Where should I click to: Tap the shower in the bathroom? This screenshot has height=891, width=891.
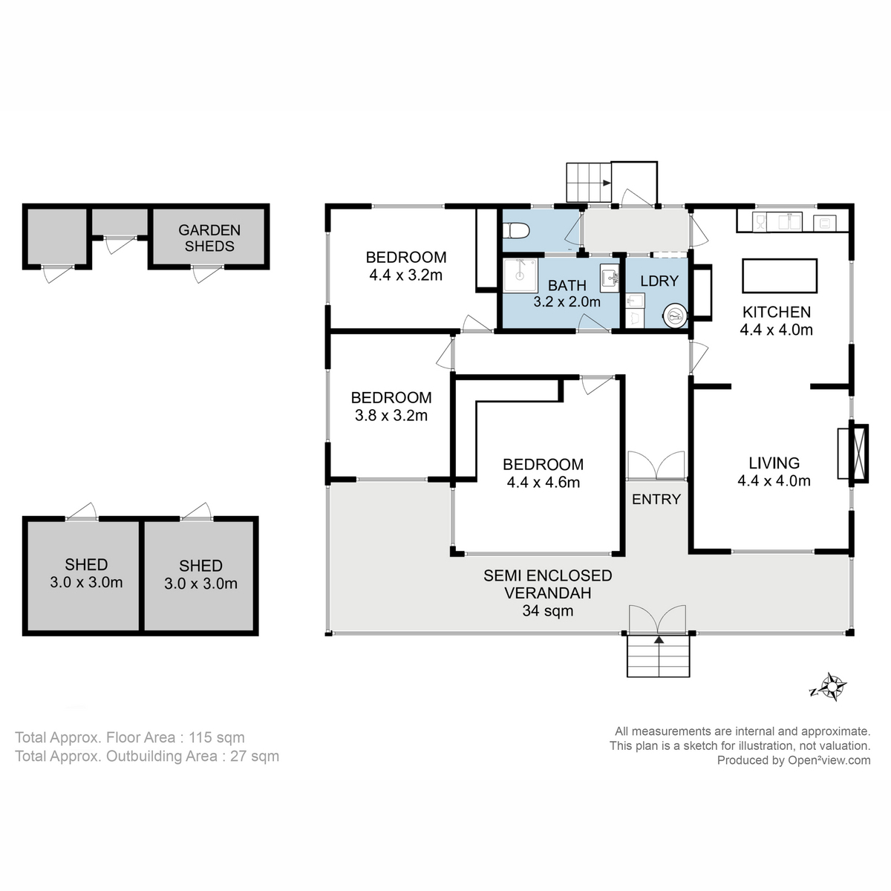tap(520, 275)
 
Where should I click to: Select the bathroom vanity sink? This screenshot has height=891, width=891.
tap(610, 278)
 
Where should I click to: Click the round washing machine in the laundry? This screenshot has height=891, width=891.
tap(675, 316)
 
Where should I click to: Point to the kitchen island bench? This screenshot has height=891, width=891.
tap(780, 275)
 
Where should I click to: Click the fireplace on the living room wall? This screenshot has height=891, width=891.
tap(853, 454)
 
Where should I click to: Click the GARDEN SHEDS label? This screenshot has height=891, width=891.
tap(209, 238)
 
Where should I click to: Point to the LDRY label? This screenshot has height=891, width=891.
tap(659, 281)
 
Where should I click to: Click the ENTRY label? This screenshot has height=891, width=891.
tap(656, 499)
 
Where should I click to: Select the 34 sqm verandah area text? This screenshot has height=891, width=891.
tap(548, 611)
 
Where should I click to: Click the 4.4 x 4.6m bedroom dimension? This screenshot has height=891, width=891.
tap(544, 483)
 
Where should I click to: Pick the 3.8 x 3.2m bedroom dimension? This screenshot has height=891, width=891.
tap(391, 415)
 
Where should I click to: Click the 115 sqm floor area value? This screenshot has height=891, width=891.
tap(216, 737)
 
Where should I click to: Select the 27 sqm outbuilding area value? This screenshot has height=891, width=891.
tap(255, 756)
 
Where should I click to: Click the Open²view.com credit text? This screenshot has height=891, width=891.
tap(829, 760)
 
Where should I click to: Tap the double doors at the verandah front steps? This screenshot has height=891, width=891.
tap(658, 619)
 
